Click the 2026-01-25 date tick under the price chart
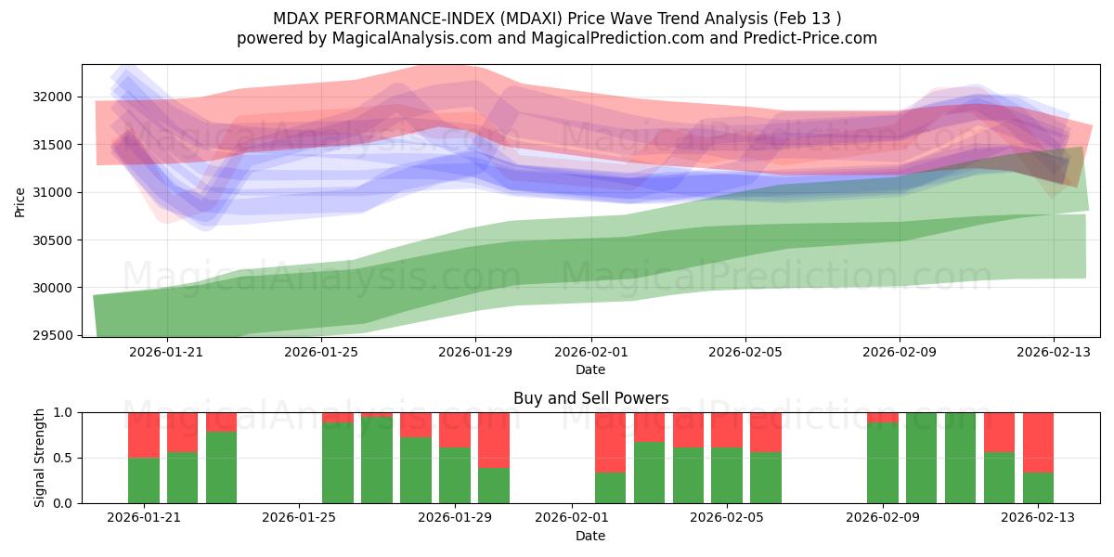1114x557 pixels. click(321, 352)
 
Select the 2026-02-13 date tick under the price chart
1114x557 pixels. click(1053, 352)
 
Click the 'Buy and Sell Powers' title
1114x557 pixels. click(590, 398)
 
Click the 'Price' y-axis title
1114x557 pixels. click(21, 201)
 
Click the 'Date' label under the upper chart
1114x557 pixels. click(590, 369)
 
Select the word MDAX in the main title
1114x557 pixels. click(294, 19)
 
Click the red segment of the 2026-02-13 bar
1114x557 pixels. click(1038, 442)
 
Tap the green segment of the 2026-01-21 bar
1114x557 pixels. click(144, 480)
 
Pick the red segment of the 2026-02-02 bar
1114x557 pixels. click(610, 442)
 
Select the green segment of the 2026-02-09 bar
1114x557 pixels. click(882, 462)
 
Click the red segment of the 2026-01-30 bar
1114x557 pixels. click(494, 439)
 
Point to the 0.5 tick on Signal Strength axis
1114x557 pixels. click(65, 458)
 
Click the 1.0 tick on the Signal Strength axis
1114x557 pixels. click(65, 412)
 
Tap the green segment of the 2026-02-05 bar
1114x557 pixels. click(727, 475)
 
